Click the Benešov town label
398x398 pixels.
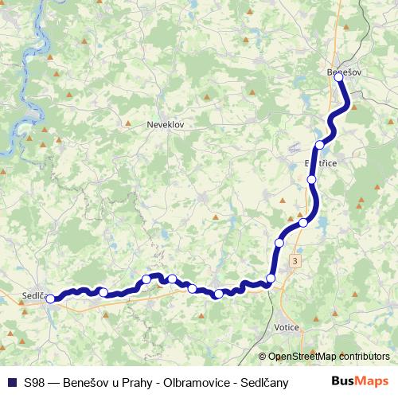344,72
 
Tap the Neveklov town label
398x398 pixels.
166,125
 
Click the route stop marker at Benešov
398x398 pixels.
339,77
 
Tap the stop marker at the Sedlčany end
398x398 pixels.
51,299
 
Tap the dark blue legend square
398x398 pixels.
11,381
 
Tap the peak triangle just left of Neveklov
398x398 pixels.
128,123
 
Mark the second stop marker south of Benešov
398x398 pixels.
311,179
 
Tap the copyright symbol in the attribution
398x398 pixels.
263,357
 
